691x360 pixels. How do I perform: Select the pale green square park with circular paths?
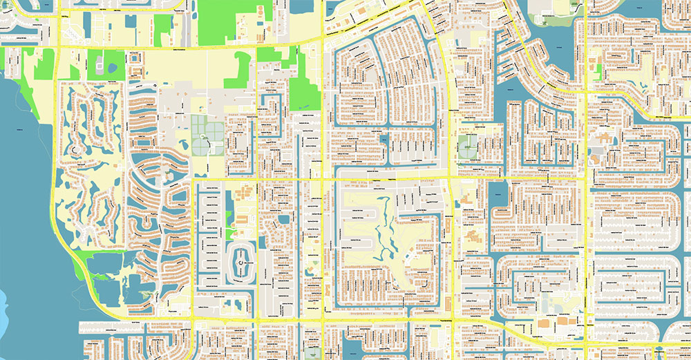point(468,145)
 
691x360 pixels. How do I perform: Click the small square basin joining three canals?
point(384,141)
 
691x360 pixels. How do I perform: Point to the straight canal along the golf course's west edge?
point(337,228)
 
